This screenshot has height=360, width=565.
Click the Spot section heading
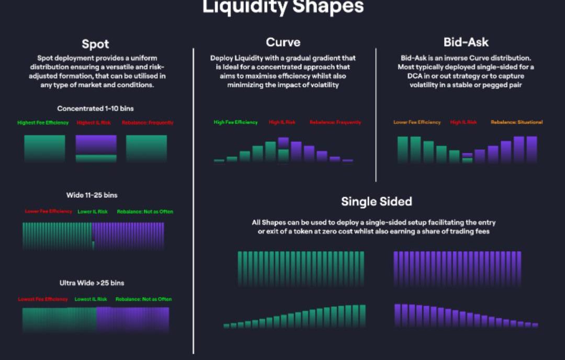(95, 44)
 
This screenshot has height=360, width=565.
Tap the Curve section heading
(283, 42)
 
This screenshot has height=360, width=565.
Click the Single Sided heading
(377, 201)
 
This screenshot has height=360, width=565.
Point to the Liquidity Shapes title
(282, 7)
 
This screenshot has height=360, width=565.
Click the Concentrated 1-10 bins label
(95, 109)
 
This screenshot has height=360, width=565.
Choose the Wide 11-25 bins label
(92, 195)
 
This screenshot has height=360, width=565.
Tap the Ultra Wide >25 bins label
(92, 283)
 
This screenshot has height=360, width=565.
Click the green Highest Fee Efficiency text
(43, 123)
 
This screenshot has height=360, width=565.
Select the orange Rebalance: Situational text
(516, 122)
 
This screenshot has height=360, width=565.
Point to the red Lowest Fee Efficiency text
(43, 299)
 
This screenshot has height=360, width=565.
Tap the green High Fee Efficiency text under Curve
(236, 122)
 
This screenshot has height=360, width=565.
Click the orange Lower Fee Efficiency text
(417, 122)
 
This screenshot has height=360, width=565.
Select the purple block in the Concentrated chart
(96, 144)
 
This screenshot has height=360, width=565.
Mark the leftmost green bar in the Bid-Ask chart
(403, 149)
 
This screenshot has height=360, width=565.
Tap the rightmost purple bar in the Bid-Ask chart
(532, 149)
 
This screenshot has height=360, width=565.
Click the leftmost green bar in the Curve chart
(219, 161)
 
